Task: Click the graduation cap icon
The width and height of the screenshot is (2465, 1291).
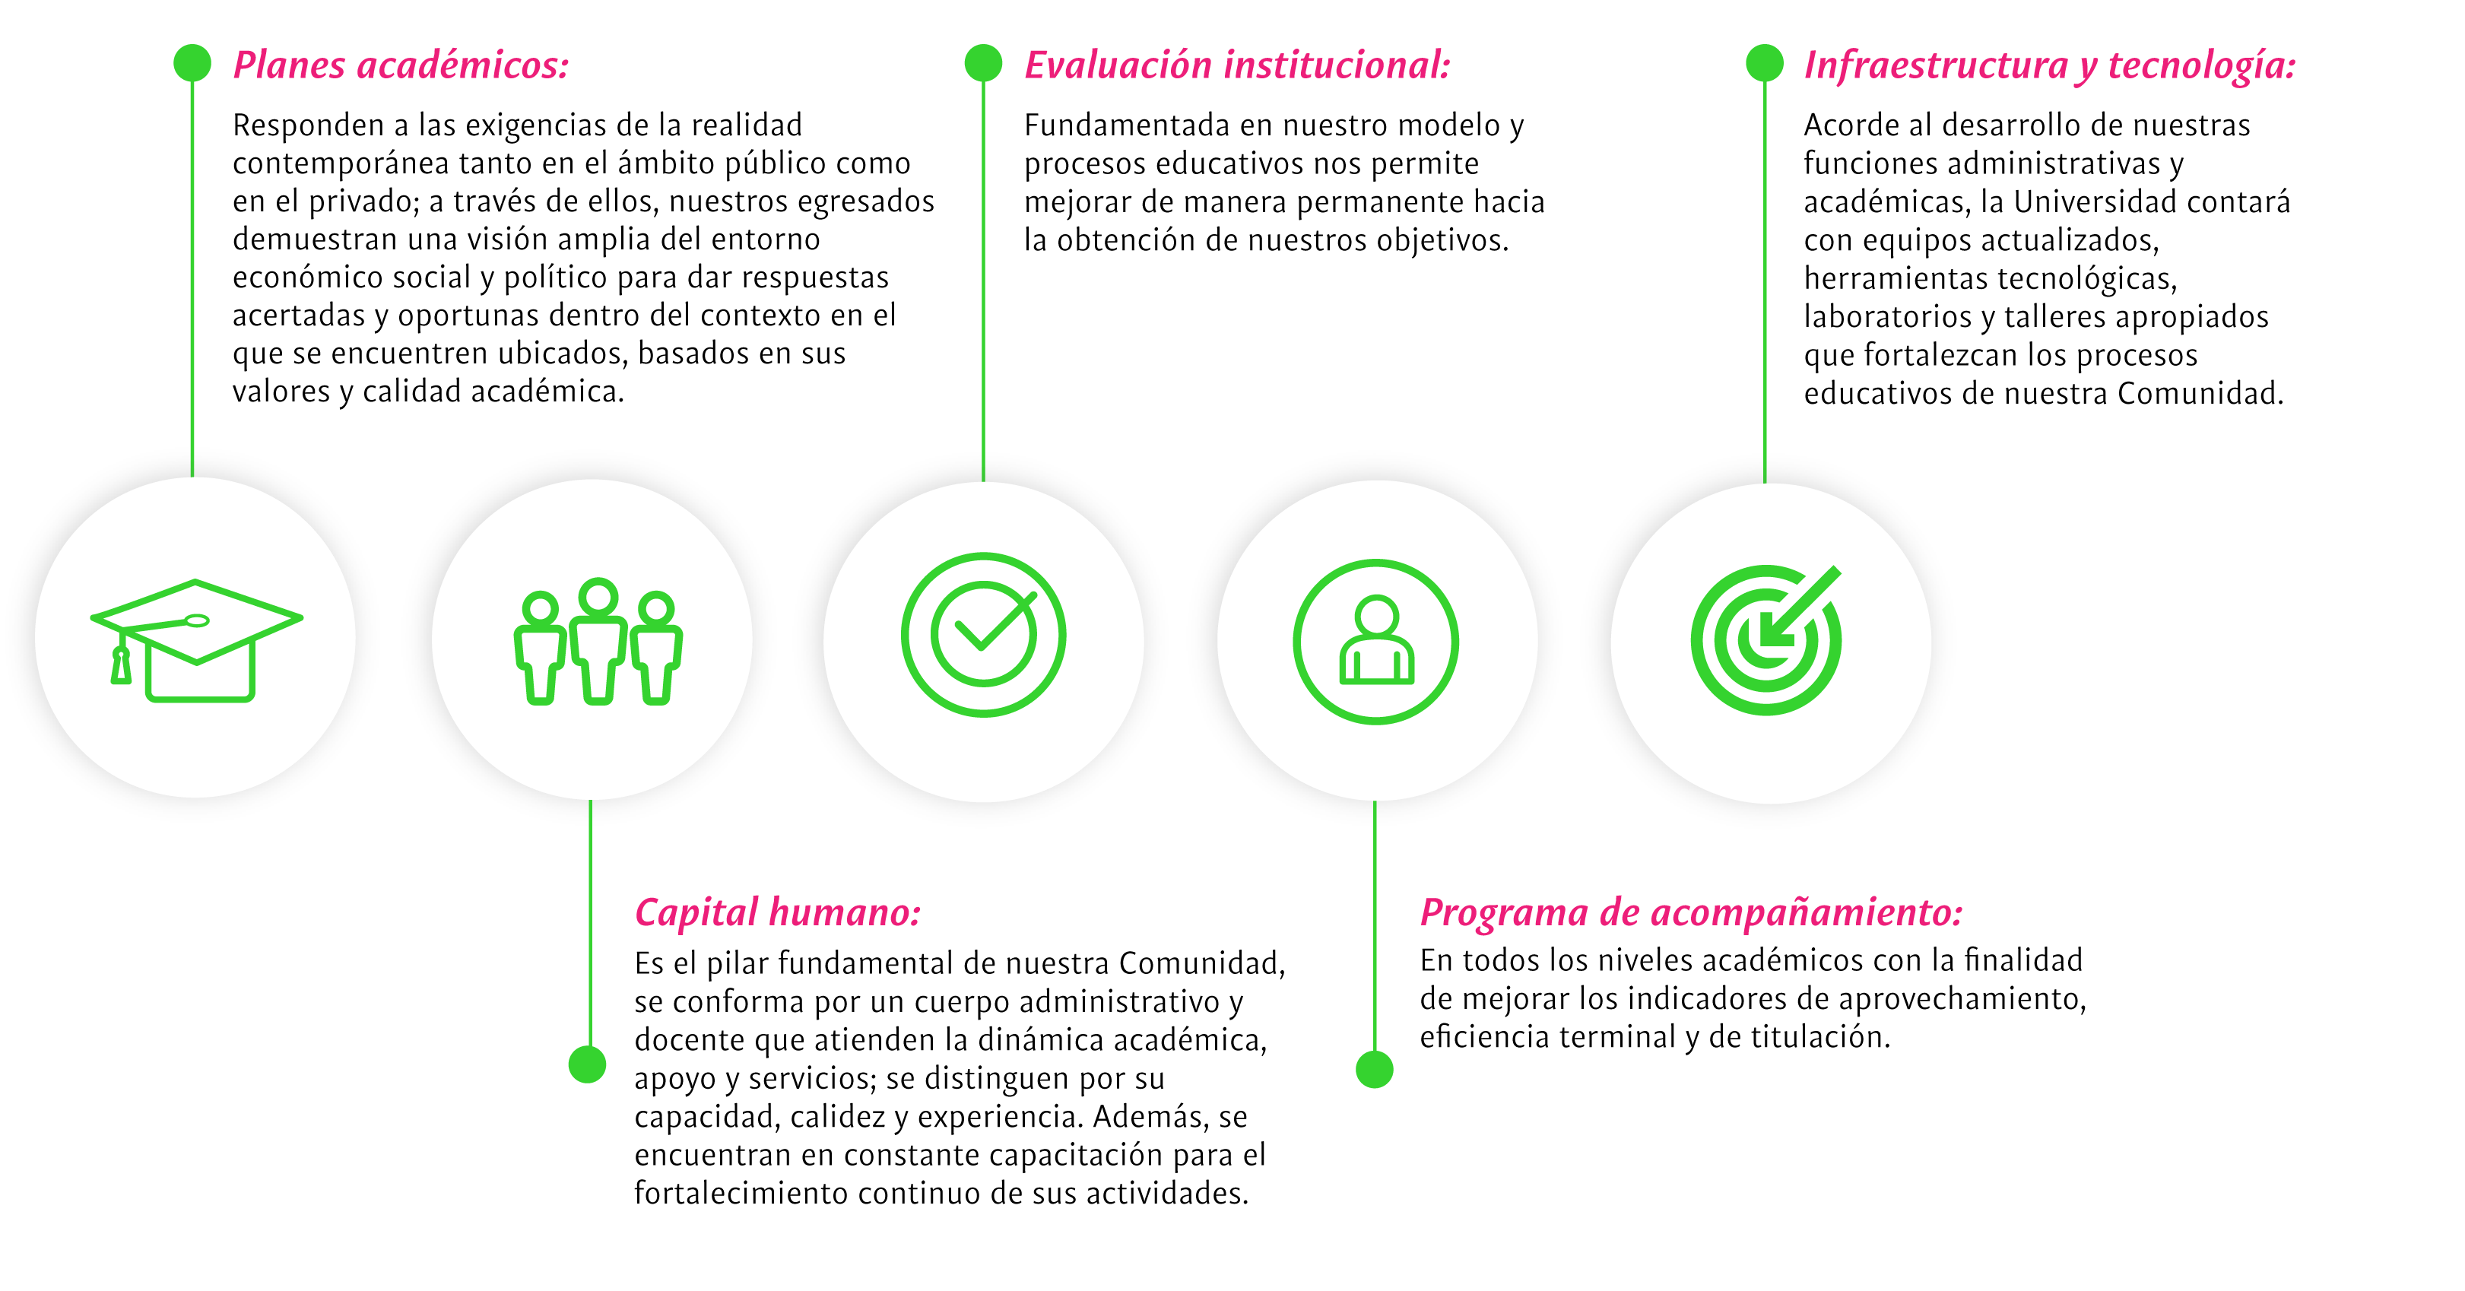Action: point(196,640)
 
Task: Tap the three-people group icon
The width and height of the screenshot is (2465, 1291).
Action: point(598,640)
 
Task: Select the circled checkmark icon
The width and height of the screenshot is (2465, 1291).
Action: point(984,635)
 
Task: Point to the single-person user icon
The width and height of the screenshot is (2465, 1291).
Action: point(1376,641)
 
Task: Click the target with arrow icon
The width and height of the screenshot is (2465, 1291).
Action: point(1766,639)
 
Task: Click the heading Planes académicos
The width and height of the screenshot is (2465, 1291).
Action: point(401,65)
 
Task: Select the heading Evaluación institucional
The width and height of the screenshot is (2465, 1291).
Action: point(1237,65)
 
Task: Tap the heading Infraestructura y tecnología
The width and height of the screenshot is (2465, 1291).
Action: point(2050,66)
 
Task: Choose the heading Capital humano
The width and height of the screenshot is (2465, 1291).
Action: point(777,912)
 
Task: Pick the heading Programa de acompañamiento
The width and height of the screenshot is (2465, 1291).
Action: point(1691,912)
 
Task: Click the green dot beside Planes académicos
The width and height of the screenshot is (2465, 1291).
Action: point(192,63)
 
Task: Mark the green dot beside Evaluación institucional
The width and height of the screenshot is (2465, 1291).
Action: point(983,63)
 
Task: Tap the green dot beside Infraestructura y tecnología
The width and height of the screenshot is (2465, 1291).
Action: point(1765,63)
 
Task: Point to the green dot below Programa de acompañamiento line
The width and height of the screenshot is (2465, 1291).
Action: point(1374,1069)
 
